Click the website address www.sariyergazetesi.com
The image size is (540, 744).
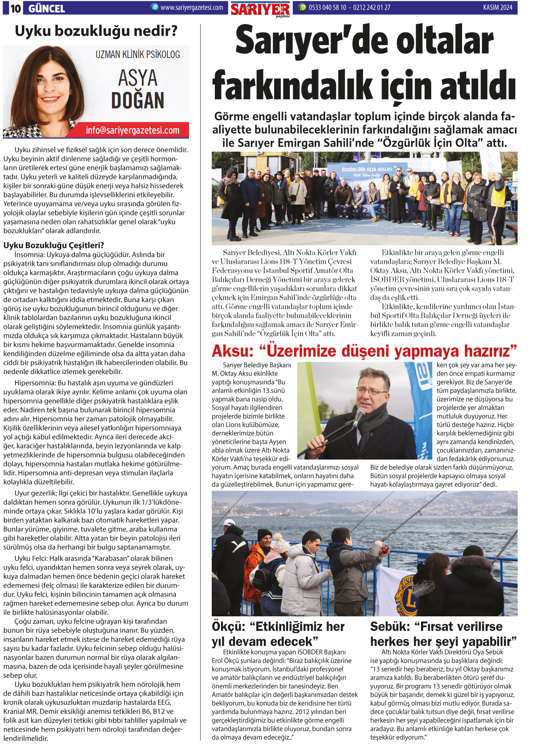point(192,7)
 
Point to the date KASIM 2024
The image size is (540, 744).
point(497,7)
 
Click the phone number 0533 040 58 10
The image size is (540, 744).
point(327,7)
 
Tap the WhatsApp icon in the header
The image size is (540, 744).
point(303,7)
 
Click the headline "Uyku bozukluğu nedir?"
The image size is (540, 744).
point(96,31)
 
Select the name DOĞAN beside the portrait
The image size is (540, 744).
point(138,100)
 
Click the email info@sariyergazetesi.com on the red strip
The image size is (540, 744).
point(132,130)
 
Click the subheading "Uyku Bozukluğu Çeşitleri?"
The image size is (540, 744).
point(54,245)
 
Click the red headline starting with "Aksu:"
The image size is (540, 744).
point(364,351)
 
